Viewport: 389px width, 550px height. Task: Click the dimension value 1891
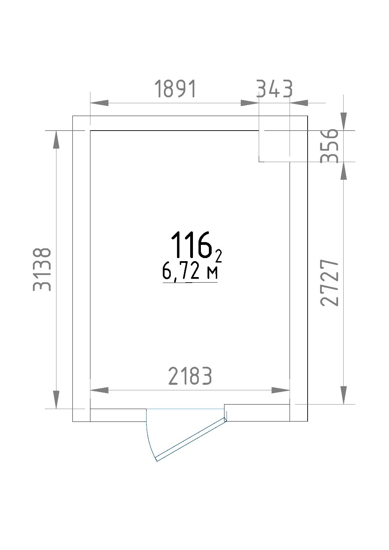click(x=176, y=89)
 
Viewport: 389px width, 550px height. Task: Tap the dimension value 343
click(x=275, y=89)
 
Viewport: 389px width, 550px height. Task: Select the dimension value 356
click(x=329, y=146)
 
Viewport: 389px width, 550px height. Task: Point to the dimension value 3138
click(x=42, y=269)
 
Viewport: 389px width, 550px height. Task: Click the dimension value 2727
click(x=329, y=283)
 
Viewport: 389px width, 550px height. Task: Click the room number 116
click(x=192, y=245)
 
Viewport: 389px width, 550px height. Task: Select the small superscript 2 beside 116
click(x=219, y=257)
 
